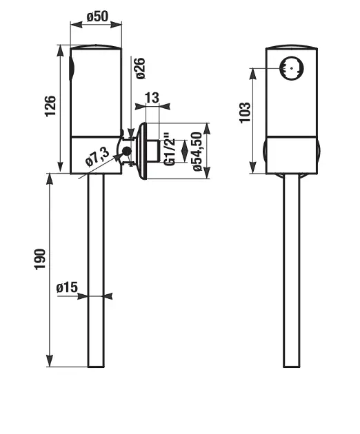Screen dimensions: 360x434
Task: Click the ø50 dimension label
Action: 97,17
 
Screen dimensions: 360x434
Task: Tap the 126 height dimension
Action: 50,106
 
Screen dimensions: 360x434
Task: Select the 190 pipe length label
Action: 39,259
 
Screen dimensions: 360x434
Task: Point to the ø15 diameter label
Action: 67,287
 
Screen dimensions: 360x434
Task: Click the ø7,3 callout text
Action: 97,156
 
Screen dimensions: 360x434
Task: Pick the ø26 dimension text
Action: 139,68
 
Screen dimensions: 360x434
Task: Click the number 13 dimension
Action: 152,98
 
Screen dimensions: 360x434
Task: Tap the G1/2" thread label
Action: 170,149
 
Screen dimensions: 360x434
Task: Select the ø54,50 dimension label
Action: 197,152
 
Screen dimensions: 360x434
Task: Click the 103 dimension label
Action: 245,113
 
